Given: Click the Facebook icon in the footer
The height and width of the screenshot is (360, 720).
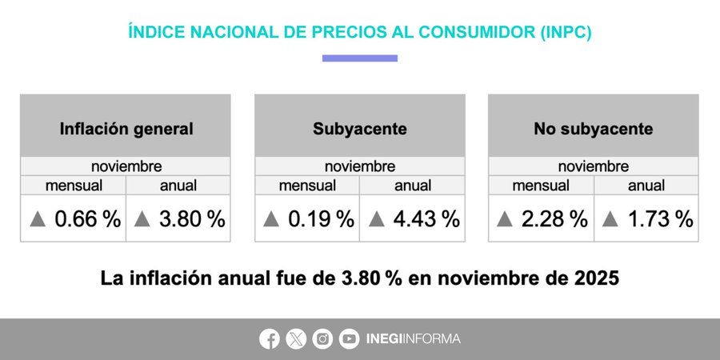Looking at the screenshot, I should click(x=270, y=339).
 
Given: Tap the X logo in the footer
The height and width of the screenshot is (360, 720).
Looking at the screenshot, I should click(x=296, y=339).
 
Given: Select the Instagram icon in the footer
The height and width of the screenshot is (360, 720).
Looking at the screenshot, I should click(x=322, y=339).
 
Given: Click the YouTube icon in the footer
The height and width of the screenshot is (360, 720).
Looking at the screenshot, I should click(x=349, y=339).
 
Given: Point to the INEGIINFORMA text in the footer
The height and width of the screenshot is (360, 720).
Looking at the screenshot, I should click(x=413, y=339).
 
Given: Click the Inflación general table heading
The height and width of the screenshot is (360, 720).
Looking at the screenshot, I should click(x=126, y=129).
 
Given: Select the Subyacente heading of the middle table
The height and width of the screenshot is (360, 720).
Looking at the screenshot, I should click(x=360, y=129).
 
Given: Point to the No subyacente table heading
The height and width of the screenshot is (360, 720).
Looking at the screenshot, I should click(x=594, y=129).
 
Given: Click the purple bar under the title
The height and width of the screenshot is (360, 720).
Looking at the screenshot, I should click(x=360, y=58).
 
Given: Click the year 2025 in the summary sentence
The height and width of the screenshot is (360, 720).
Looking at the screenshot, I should click(x=598, y=278).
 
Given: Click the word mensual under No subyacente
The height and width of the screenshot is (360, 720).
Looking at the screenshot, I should click(x=541, y=186).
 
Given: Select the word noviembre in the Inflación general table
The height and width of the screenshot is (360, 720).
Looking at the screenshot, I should click(x=126, y=167).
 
